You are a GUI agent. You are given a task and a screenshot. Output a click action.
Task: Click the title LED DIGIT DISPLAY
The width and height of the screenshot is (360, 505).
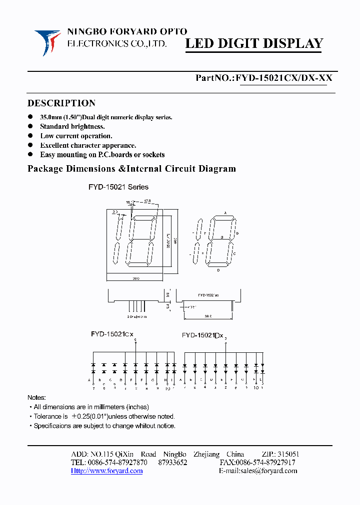pos(254,44)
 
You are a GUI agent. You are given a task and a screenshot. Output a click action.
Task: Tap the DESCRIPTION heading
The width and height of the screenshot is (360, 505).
pos(61,103)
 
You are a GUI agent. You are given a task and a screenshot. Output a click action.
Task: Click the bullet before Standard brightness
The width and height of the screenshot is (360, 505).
pos(31,127)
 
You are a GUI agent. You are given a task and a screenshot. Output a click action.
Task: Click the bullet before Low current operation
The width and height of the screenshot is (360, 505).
pos(31,136)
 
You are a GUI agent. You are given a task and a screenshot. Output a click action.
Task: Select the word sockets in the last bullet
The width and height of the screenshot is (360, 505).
pos(153,155)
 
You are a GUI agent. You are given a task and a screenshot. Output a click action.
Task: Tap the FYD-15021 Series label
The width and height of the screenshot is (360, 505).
pos(119,187)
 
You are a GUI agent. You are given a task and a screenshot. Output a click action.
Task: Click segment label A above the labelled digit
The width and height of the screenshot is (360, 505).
pos(225,213)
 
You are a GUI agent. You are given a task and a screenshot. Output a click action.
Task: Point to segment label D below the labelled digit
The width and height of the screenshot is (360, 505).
pos(218,270)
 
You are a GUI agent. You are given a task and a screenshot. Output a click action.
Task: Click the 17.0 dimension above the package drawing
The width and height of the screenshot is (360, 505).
pos(147,202)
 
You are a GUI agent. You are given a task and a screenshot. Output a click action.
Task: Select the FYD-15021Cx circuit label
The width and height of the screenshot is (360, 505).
pos(112,333)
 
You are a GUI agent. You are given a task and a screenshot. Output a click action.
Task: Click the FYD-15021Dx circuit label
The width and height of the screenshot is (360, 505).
pos(202,335)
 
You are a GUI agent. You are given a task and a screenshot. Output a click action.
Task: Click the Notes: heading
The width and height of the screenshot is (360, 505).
pos(36,398)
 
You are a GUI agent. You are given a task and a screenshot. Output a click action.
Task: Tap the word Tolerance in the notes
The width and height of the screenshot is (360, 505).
pos(47,416)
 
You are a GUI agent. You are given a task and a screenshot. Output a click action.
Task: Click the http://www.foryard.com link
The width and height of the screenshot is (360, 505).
pos(106,471)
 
